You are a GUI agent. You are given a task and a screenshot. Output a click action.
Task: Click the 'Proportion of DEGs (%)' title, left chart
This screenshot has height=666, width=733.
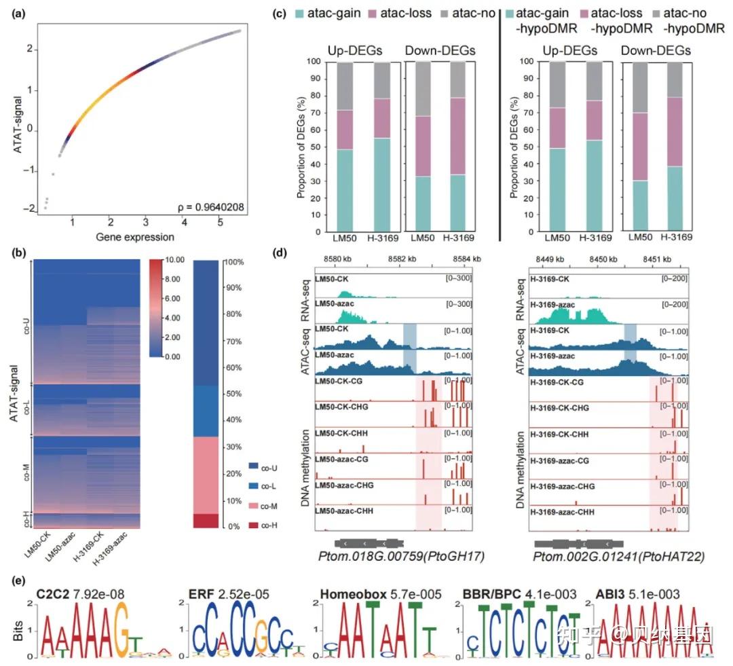point(301,147)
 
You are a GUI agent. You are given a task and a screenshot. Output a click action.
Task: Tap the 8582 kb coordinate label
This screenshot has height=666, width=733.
point(405,259)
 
